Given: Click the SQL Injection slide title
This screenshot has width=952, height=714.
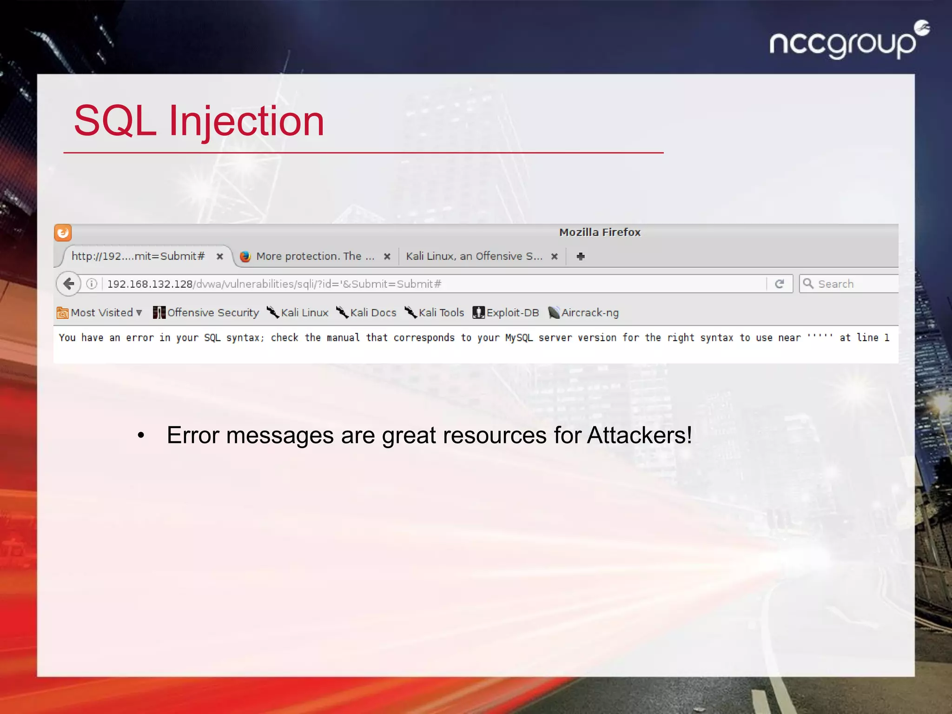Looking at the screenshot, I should coord(199,121).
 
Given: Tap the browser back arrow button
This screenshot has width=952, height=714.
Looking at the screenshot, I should coord(69,284).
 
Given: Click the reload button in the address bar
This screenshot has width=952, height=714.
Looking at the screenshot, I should coord(780,284).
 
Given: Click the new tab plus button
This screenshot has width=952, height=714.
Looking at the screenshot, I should coord(581,256).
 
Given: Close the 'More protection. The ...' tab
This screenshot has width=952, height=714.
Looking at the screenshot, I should coord(387,256).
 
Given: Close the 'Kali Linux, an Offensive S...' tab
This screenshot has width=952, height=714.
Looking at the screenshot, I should coord(554,256).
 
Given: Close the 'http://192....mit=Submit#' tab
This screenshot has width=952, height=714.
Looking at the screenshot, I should coord(220,256).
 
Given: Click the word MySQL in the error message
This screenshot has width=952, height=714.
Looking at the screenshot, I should coord(519,338).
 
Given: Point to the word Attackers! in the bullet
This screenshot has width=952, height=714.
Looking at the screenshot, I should coord(639,436).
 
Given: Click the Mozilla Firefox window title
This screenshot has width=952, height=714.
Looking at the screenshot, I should coord(600,232).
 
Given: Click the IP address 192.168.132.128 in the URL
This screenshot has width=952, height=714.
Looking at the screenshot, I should coord(150,284).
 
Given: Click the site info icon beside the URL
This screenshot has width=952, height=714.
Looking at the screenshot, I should coord(92,284).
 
